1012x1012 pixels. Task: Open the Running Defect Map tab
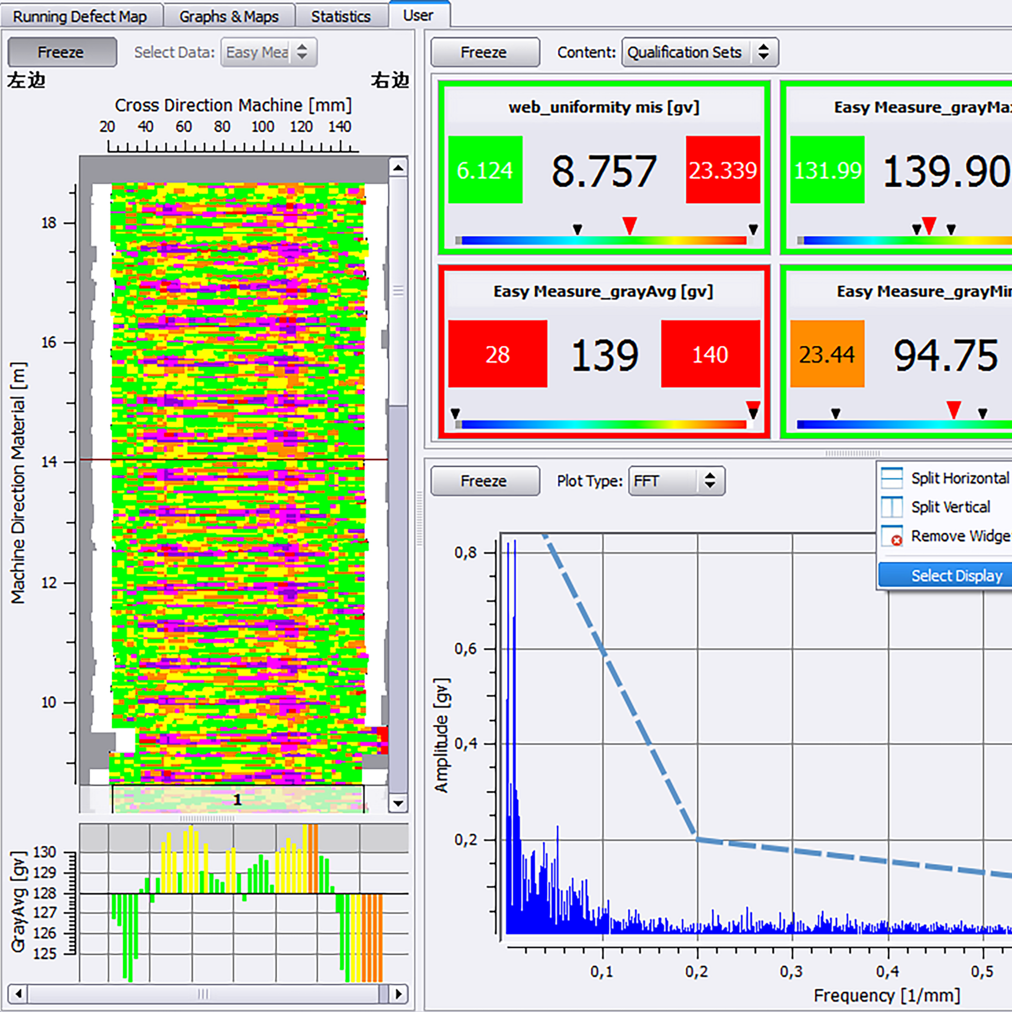coord(80,16)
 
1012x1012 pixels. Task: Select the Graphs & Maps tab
coord(229,16)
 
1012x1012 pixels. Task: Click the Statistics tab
coord(340,16)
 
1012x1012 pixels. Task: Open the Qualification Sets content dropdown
coord(699,52)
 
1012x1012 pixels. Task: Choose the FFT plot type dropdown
coord(676,481)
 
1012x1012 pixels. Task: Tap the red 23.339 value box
coord(723,170)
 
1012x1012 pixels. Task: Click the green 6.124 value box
coord(485,170)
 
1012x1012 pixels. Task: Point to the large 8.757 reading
coord(604,171)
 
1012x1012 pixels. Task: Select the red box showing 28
coord(497,354)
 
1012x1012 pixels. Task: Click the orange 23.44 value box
coord(827,354)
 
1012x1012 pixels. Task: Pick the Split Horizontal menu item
coord(959,478)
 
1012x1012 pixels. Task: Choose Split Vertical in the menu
coord(950,507)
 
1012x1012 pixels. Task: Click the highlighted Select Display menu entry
coord(956,576)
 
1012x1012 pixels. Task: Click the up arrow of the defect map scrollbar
coord(398,168)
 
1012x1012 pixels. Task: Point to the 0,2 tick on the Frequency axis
coord(697,971)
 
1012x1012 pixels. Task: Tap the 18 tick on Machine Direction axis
coord(49,223)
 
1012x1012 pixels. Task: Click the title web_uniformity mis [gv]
coord(604,108)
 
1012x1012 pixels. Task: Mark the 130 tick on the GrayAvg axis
coord(45,852)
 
